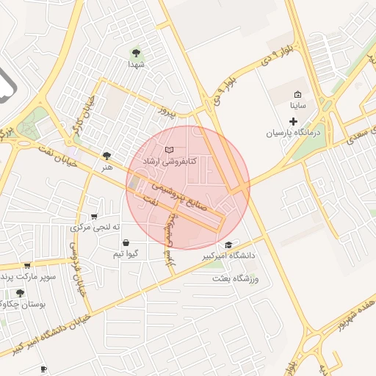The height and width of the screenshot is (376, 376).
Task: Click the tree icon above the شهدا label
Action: click(136, 52)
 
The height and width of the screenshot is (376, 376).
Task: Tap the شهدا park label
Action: click(136, 65)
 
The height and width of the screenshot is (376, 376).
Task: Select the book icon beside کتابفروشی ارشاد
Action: click(170, 150)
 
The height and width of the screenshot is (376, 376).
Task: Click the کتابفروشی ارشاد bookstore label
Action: click(187, 160)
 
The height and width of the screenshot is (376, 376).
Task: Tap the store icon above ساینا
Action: click(297, 95)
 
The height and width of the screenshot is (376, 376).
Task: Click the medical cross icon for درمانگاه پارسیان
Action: click(294, 121)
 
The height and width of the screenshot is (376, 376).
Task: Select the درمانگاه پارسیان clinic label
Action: click(294, 134)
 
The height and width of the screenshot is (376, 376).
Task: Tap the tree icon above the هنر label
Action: click(108, 155)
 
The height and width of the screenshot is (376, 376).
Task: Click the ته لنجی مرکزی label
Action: click(94, 228)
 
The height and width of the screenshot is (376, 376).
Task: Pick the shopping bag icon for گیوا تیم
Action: click(126, 242)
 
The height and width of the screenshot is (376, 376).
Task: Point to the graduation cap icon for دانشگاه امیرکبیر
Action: click(228, 245)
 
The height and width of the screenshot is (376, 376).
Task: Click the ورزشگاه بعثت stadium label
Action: click(236, 279)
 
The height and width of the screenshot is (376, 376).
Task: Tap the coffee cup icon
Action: click(43, 368)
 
